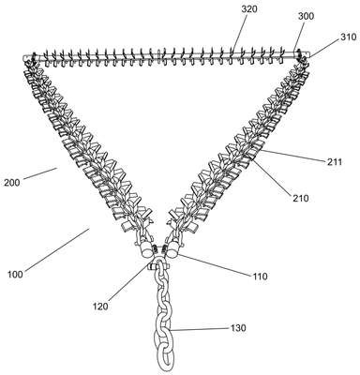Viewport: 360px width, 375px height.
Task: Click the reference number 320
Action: (249, 9)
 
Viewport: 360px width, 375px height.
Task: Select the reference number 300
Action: (306, 16)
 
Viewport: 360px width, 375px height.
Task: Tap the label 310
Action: (349, 37)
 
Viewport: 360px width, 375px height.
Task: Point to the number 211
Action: (335, 161)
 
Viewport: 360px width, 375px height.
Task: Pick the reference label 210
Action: (301, 198)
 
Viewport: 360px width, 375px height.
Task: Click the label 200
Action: (12, 182)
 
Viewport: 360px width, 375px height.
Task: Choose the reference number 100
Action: (15, 275)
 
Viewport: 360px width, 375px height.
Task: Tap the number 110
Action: (260, 277)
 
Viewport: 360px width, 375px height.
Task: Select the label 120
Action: (100, 306)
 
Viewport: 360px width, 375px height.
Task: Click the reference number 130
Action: (238, 328)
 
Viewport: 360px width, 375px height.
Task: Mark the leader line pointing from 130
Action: (200, 329)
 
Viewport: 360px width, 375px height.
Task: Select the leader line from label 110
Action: (215, 265)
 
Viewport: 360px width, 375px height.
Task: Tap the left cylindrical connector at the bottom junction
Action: (145, 251)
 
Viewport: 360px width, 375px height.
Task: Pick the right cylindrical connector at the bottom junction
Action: (172, 251)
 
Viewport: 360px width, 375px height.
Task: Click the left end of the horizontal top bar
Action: (25, 58)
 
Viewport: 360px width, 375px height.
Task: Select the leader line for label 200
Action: (40, 173)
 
